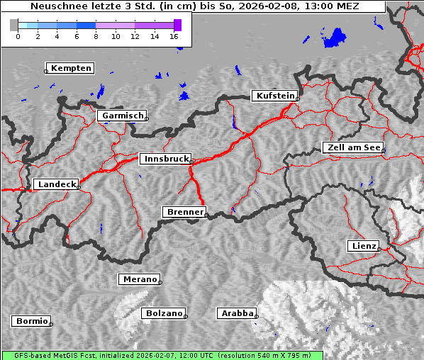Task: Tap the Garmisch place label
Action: pos(123,116)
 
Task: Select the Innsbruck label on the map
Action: pos(165,159)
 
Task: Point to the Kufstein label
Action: pos(275,96)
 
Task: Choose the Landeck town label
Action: pos(56,184)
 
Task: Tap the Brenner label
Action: pos(184,212)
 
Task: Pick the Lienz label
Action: pos(364,246)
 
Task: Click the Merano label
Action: pos(139,279)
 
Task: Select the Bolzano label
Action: pos(164,313)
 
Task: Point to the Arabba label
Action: pos(236,313)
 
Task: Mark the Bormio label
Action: pos(31,321)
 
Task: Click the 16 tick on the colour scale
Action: pos(174,35)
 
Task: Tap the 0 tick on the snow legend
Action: pos(18,35)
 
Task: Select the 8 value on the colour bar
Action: pos(96,35)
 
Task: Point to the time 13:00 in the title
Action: pos(316,6)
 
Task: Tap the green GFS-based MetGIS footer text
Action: pos(162,355)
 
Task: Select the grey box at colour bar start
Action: pos(14,25)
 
